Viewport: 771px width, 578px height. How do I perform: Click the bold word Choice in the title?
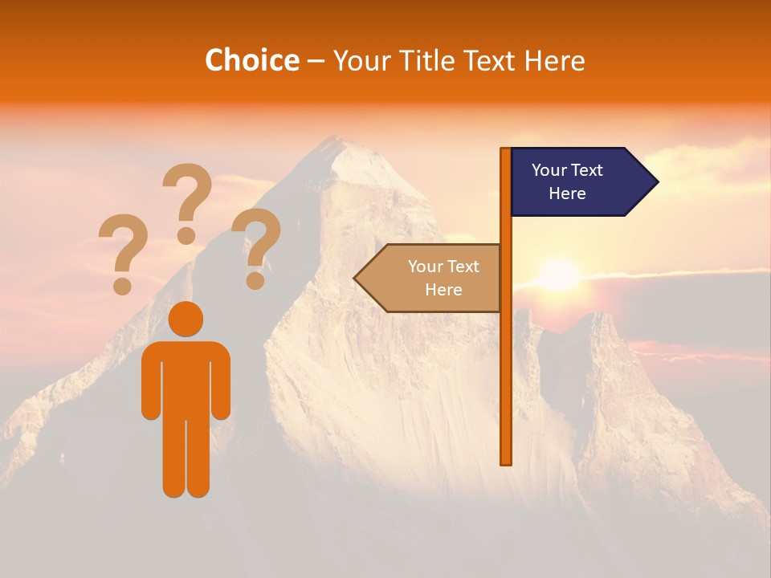point(251,60)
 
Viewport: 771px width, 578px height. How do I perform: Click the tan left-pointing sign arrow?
point(430,278)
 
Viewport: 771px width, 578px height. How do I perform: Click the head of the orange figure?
point(186,319)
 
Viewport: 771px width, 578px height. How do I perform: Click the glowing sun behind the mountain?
point(559,275)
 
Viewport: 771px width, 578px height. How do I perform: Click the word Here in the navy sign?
point(567,193)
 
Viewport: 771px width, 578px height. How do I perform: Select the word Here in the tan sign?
point(443,290)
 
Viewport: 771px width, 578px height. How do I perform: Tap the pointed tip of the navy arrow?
point(656,182)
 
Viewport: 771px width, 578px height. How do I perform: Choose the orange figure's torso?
point(186,377)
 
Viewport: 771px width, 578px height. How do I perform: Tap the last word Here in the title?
point(554,60)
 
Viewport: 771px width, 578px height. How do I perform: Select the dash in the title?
point(316,62)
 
